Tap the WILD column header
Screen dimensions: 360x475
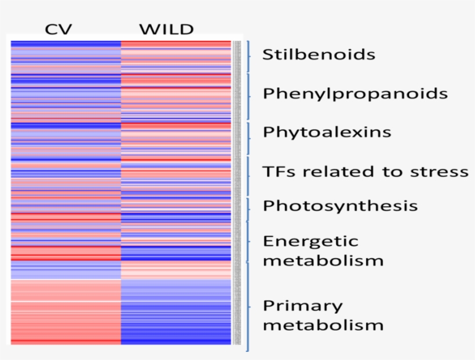[x=166, y=29]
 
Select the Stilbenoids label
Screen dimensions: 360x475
[x=319, y=55]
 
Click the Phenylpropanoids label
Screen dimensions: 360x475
[x=355, y=94]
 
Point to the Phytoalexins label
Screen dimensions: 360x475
[x=327, y=132]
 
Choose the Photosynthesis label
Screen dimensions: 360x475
[x=340, y=206]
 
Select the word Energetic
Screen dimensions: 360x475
[x=310, y=241]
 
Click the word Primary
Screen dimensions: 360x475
[x=302, y=306]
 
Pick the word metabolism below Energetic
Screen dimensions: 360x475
[x=323, y=260]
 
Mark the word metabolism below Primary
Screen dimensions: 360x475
[x=323, y=325]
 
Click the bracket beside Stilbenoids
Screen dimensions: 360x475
[x=249, y=56]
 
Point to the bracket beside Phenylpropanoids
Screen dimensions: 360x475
[x=249, y=95]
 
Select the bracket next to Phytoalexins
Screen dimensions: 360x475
[x=249, y=138]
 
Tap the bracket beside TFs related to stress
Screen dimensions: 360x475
[x=249, y=176]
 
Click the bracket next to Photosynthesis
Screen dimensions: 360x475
[x=249, y=209]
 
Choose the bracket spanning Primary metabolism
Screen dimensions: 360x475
[x=249, y=307]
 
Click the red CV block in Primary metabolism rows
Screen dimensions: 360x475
[x=65, y=313]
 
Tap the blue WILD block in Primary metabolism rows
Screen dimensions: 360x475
[x=176, y=313]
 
